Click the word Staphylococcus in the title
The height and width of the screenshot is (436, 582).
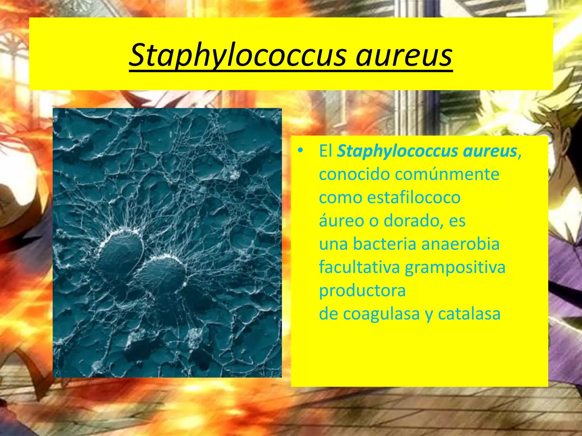tap(238, 55)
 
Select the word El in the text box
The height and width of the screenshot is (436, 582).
tap(325, 151)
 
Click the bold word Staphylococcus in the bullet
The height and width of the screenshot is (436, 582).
tap(397, 151)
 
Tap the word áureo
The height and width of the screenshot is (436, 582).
tap(341, 221)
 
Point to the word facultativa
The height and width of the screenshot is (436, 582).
tap(359, 267)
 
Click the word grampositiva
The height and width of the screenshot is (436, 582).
tap(455, 268)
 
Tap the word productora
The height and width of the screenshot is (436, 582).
tap(362, 291)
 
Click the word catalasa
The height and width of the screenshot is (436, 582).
tap(469, 314)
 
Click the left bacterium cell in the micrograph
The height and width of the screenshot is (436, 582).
tap(121, 253)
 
